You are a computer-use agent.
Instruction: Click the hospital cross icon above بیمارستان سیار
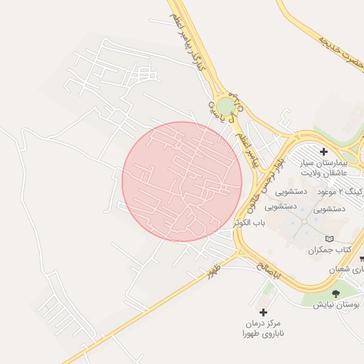[x=323, y=151]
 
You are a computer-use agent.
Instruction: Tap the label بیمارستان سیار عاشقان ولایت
[x=324, y=167]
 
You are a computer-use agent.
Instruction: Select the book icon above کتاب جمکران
[x=328, y=240]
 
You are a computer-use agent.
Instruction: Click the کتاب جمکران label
[x=330, y=250]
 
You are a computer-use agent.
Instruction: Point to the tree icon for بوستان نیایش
[x=336, y=293]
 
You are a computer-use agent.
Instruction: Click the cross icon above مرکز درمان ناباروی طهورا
[x=263, y=312]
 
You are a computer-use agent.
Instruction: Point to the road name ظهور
[x=213, y=271]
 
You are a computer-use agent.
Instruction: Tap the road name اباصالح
[x=270, y=268]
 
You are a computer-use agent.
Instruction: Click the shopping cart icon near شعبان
[x=362, y=259]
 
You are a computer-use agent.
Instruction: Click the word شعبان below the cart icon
[x=348, y=270]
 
